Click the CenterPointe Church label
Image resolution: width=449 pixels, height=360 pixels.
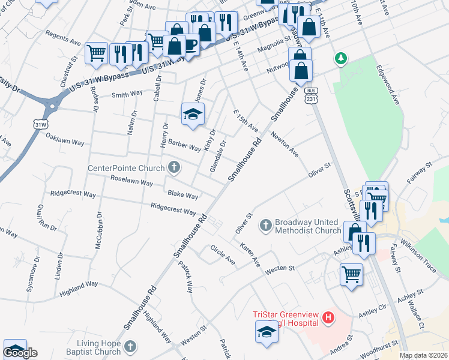click(126, 168)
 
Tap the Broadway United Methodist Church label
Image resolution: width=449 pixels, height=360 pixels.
click(308, 226)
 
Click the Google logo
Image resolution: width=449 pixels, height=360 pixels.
click(20, 353)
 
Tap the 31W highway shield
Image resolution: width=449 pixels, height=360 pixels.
click(40, 123)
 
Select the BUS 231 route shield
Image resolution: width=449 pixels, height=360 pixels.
click(310, 95)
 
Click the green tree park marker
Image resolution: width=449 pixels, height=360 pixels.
click(342, 59)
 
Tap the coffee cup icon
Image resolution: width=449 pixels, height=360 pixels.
click(190, 45)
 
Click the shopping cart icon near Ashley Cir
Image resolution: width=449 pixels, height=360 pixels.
click(351, 275)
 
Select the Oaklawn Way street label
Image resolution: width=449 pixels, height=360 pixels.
click(65, 139)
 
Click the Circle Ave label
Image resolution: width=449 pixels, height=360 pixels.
click(222, 254)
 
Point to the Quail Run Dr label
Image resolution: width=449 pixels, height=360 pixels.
click(46, 217)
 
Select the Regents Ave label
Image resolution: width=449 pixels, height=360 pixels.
click(63, 40)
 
